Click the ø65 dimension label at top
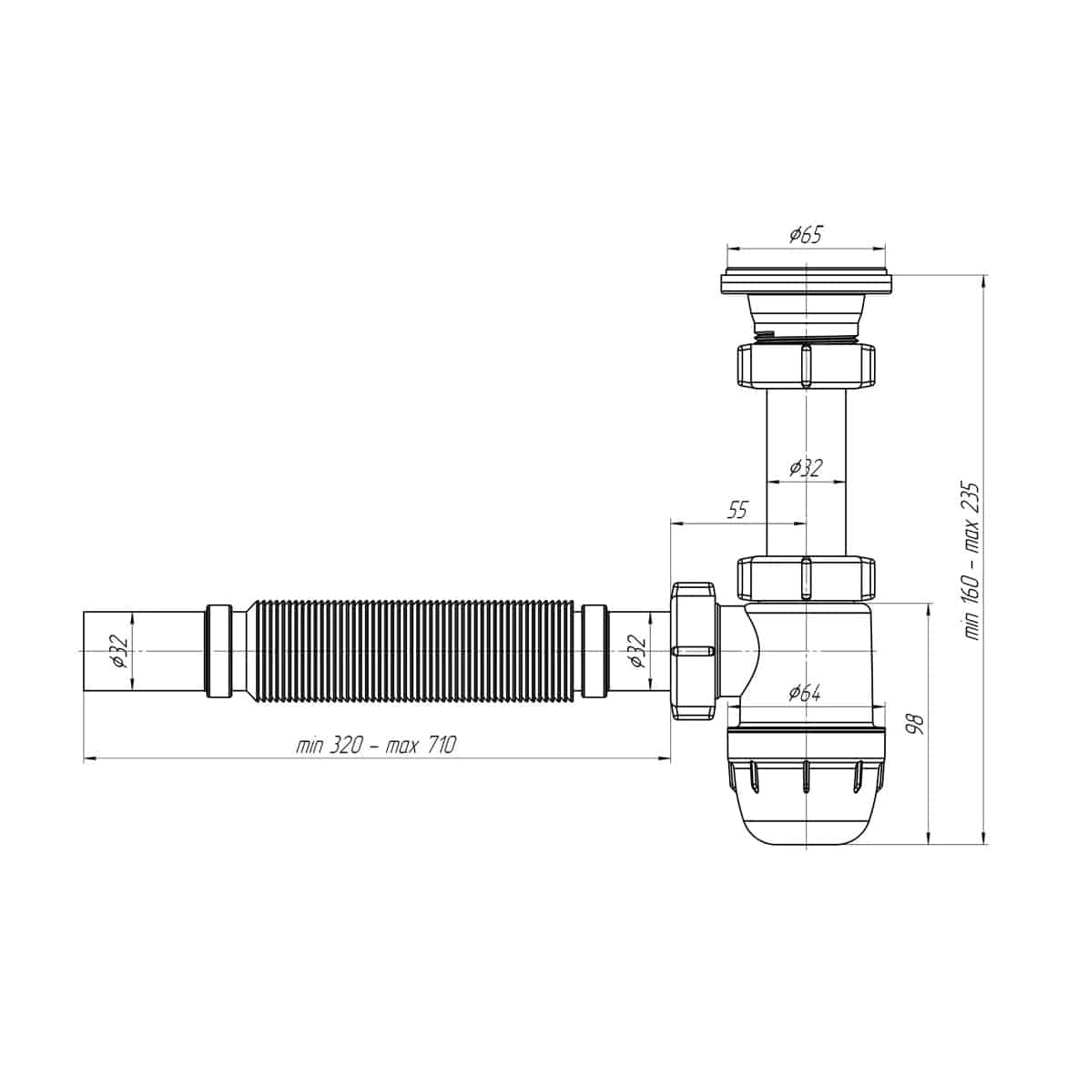(x=806, y=235)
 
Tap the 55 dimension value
(x=737, y=510)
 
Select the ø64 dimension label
(x=804, y=693)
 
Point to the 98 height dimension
(x=917, y=724)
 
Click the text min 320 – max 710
(x=376, y=745)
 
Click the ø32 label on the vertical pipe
(x=806, y=467)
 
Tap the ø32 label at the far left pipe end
(x=118, y=651)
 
